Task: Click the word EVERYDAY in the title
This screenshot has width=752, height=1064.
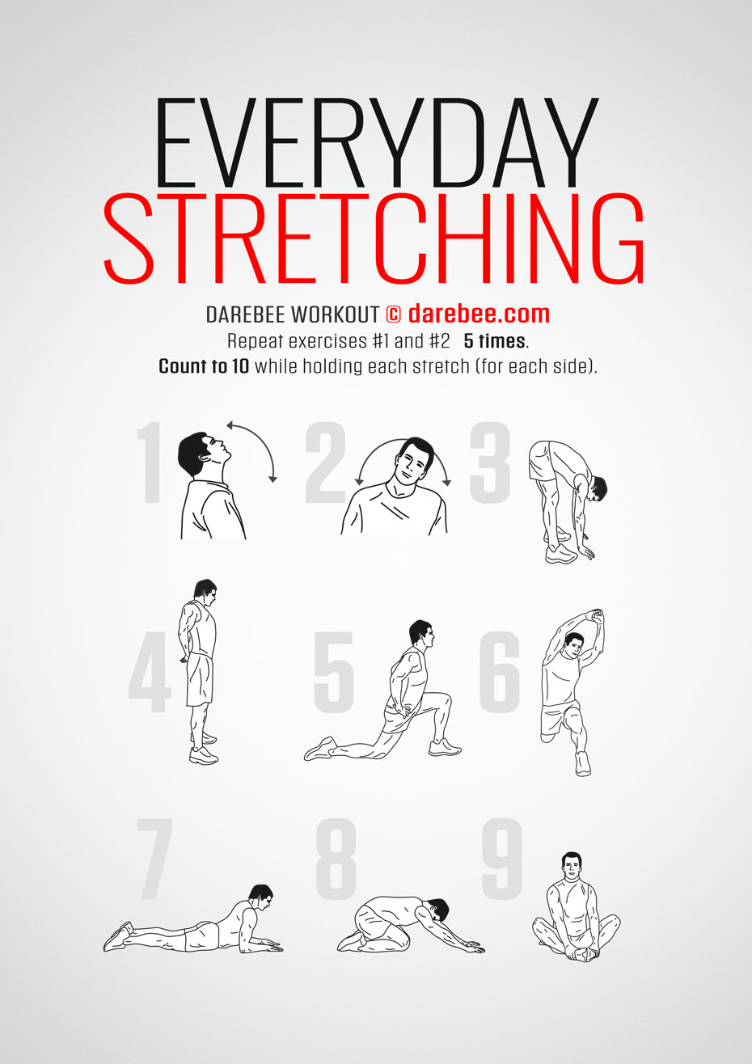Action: (377, 142)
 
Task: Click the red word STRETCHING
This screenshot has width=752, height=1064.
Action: (374, 239)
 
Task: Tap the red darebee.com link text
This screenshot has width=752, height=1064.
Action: (479, 314)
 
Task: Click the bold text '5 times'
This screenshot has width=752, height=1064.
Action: (494, 341)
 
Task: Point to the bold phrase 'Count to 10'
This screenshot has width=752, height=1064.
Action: (204, 366)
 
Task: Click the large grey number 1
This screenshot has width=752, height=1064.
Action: (150, 462)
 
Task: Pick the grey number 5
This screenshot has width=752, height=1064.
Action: (334, 672)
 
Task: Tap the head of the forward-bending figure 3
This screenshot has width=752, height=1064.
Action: (598, 489)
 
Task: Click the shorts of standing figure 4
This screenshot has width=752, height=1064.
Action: (199, 679)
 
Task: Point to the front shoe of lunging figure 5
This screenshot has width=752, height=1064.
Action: (445, 747)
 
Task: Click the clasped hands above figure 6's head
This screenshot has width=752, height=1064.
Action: (596, 616)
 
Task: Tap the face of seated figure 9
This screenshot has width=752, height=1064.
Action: (571, 868)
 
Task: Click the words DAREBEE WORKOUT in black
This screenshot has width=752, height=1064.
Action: (293, 315)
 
